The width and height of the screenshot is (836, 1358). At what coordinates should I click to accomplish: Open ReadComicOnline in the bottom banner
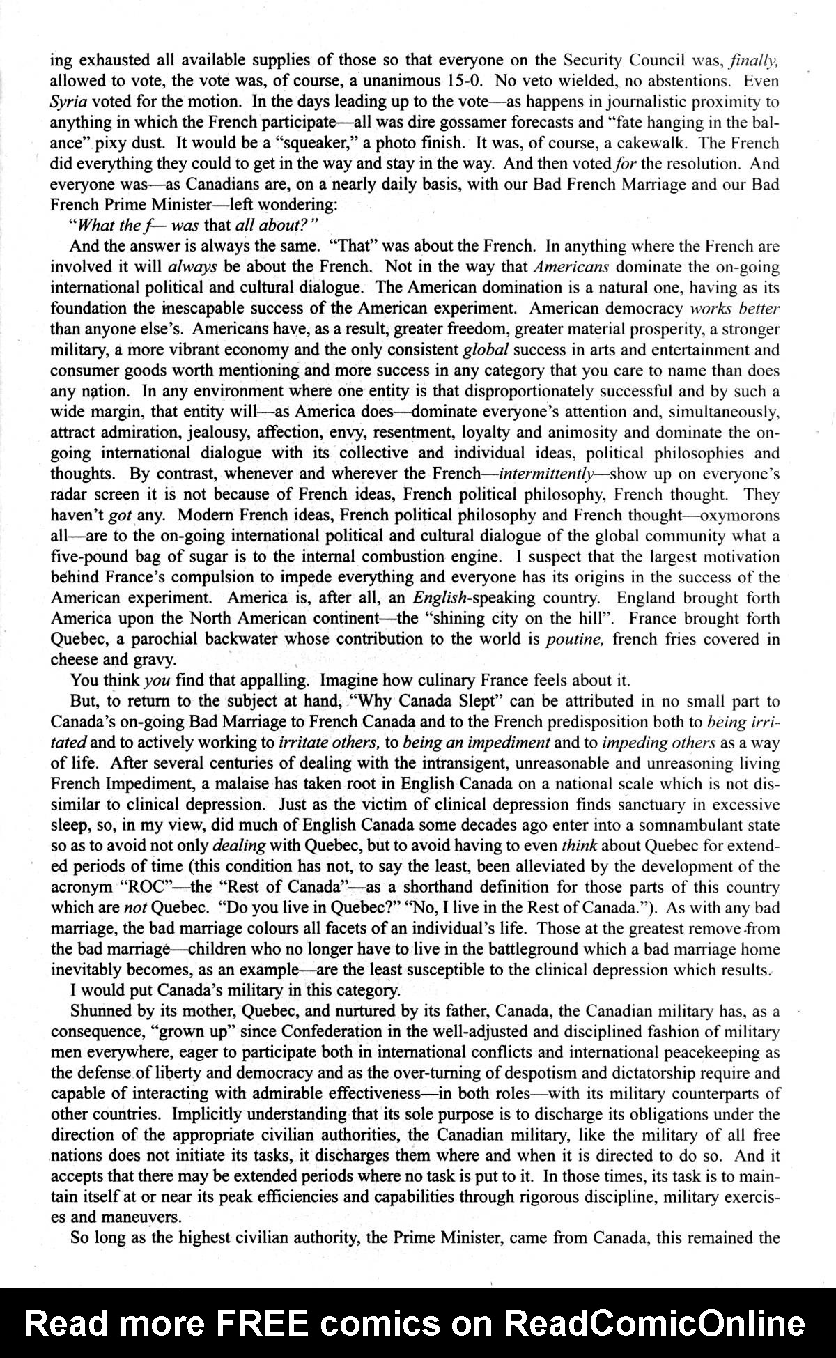coord(654,1322)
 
